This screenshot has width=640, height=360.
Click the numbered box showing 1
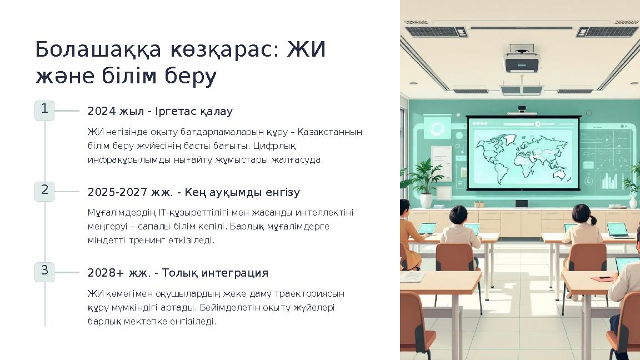pyautogui.click(x=44, y=110)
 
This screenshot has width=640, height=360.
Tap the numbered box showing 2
pyautogui.click(x=44, y=191)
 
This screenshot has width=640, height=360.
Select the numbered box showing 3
pyautogui.click(x=44, y=272)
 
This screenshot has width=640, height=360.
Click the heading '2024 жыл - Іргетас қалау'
pyautogui.click(x=160, y=112)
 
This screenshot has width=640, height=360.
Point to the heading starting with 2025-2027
pyautogui.click(x=193, y=193)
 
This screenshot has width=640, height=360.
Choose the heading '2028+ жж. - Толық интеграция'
pyautogui.click(x=178, y=273)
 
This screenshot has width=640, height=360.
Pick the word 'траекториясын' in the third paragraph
pyautogui.click(x=315, y=293)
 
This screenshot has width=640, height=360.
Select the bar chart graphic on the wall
pyautogui.click(x=609, y=180)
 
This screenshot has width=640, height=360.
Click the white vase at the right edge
pyautogui.click(x=633, y=202)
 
